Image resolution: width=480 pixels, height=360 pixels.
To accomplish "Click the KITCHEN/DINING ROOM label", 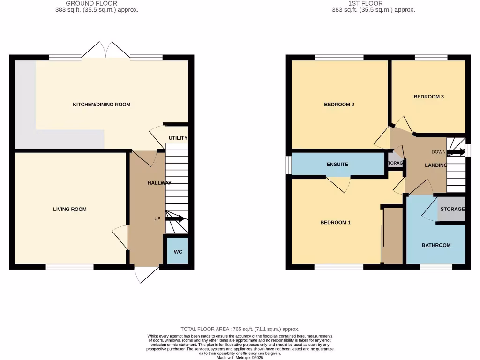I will (101, 104).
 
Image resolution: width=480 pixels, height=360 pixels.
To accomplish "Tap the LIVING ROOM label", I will (70, 209).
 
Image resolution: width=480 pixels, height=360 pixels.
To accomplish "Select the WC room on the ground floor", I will (178, 252).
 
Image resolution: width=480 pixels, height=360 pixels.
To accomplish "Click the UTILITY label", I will (178, 138).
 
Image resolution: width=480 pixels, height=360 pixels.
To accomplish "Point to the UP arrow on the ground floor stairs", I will (175, 219).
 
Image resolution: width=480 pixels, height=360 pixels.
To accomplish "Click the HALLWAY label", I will (159, 183).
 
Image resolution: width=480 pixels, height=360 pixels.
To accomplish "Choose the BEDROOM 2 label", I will (339, 105).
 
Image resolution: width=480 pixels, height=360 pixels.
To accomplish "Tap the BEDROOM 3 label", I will (428, 97).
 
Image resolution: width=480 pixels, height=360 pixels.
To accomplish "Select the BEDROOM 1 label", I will (335, 223).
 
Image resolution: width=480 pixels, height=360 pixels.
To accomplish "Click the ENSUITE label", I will (337, 165).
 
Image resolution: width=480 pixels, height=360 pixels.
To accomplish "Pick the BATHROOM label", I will (436, 245).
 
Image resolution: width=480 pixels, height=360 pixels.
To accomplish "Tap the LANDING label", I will (435, 165).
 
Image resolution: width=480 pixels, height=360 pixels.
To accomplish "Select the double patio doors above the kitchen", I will (106, 49).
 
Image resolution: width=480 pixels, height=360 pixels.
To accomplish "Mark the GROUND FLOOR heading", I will (98, 3).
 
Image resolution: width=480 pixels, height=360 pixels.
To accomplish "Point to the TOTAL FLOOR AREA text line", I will (240, 329).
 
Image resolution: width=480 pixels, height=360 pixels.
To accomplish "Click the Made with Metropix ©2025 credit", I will (240, 357).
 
